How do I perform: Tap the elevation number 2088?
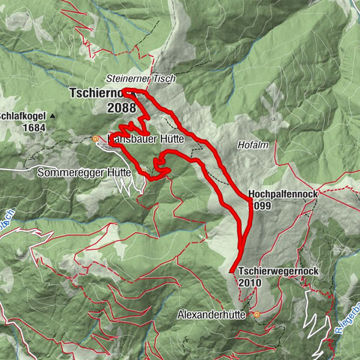coord(121,107)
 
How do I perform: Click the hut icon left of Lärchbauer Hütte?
coord(95,139)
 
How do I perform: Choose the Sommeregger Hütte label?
coord(84,172)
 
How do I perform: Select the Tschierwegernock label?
coord(273,271)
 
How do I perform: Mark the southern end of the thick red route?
coord(230,270)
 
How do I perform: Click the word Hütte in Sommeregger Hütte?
coord(118,172)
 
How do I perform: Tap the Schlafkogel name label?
coord(23,116)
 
